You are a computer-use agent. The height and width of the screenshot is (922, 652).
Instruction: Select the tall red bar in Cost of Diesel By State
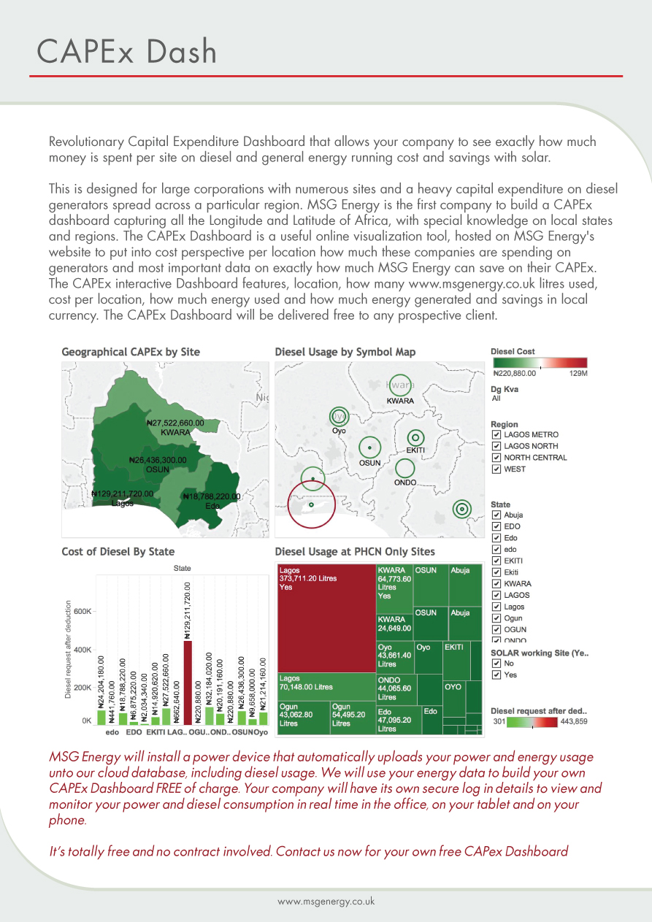click(188, 682)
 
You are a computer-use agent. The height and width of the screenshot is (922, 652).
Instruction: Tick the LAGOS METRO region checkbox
click(496, 435)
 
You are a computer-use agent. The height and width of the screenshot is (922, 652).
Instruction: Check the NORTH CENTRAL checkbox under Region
click(496, 458)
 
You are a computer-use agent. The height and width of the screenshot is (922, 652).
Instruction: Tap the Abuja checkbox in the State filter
click(496, 515)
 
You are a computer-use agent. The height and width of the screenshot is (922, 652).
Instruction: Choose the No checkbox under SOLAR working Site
click(496, 664)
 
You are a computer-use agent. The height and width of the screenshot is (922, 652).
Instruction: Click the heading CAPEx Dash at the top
click(127, 51)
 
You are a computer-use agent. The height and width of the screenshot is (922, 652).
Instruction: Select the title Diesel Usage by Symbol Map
click(345, 352)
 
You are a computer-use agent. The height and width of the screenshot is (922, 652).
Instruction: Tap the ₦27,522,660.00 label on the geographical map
click(175, 423)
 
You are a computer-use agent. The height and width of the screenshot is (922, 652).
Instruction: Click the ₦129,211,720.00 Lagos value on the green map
click(123, 493)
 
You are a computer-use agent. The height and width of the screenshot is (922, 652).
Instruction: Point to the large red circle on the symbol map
click(311, 504)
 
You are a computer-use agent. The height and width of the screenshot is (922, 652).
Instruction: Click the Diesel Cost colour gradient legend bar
click(539, 363)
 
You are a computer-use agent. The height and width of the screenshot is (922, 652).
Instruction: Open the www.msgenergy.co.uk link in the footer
click(326, 902)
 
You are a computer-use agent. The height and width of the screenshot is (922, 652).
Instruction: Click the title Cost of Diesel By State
click(118, 552)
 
